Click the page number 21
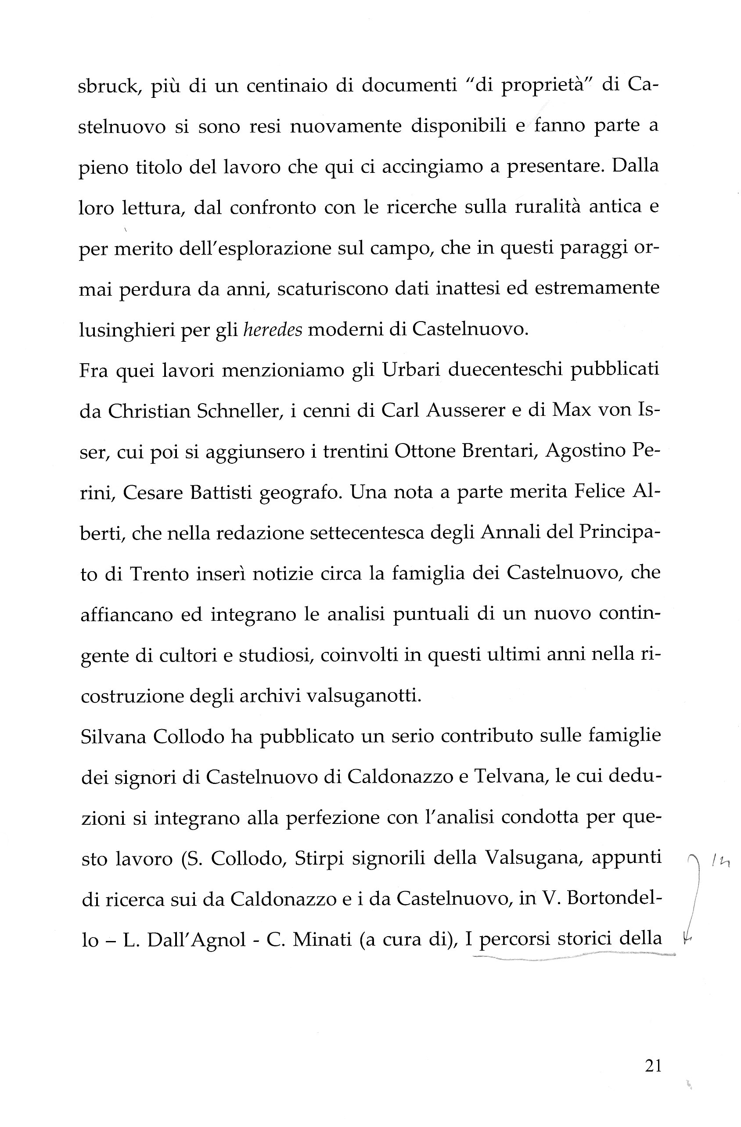pyautogui.click(x=653, y=1066)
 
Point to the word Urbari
pyautogui.click(x=410, y=369)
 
